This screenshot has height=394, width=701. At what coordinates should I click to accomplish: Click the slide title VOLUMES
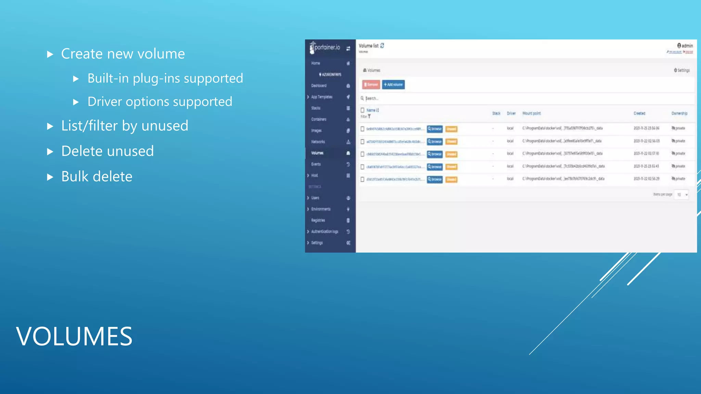tap(74, 336)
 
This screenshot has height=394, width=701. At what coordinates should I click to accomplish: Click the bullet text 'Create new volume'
tap(123, 54)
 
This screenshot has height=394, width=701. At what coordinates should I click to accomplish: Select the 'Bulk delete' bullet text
tap(97, 176)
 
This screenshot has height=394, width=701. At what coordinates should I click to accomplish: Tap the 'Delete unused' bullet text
tap(107, 151)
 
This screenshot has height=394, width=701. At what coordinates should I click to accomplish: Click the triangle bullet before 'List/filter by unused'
tap(50, 127)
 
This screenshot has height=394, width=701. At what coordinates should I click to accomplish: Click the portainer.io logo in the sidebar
tap(325, 48)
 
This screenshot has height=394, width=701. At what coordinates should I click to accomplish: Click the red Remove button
tap(371, 84)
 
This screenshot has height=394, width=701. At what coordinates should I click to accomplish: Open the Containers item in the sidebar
tap(319, 119)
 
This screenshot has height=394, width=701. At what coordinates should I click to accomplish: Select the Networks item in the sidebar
tap(318, 142)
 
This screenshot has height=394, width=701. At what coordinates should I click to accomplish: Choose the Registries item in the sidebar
tap(318, 220)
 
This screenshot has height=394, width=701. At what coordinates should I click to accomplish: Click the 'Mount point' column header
tap(531, 113)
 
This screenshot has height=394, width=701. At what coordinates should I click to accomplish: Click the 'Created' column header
tap(639, 113)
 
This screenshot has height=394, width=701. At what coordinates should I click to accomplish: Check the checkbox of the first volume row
tap(362, 129)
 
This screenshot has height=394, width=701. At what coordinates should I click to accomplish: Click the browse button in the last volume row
tap(435, 179)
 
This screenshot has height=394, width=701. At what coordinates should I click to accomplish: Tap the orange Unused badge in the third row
tap(451, 154)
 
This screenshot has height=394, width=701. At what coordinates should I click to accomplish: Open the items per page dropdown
tap(681, 195)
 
